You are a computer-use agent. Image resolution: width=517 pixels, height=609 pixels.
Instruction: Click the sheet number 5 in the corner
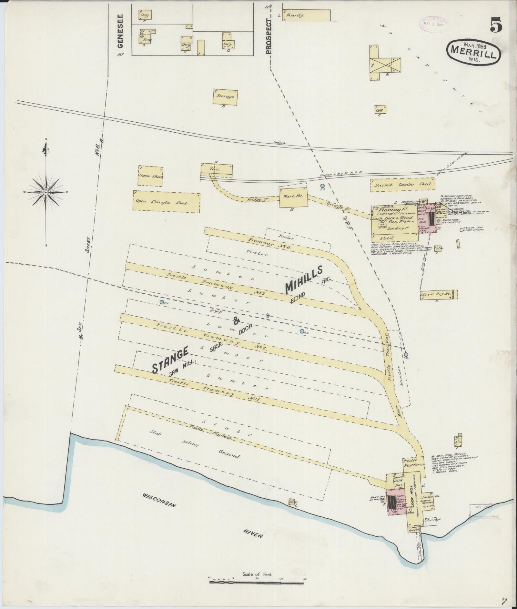496,25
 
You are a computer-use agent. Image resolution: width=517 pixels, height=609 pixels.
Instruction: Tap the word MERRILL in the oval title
473,52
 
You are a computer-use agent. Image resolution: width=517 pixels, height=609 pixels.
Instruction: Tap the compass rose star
46,192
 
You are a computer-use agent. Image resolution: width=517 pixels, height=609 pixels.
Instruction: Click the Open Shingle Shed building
166,202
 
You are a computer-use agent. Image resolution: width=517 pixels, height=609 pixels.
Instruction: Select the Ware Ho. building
293,197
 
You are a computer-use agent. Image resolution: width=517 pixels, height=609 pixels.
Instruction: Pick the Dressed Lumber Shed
402,184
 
